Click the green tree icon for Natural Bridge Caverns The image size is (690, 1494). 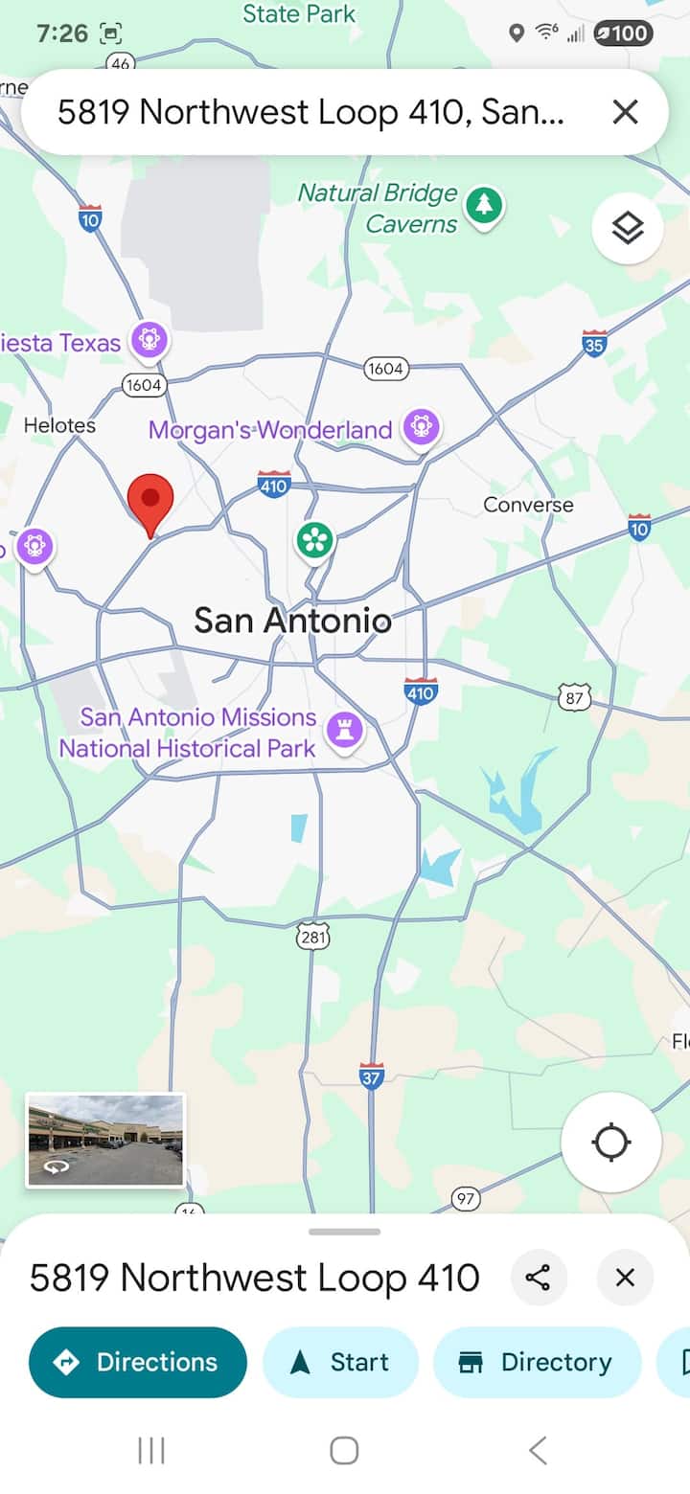(x=485, y=205)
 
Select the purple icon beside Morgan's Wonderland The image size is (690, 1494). (x=422, y=426)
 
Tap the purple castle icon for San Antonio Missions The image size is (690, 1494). (x=345, y=730)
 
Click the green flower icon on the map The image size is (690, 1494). (x=313, y=540)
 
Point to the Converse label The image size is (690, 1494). (x=528, y=505)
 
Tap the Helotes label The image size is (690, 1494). (x=59, y=424)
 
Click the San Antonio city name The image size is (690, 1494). (x=292, y=621)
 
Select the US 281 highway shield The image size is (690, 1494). (x=312, y=937)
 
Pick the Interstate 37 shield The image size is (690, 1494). (x=372, y=1075)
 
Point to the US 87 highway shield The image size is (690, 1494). (x=574, y=697)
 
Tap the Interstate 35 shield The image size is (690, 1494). (x=594, y=343)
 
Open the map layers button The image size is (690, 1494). (x=628, y=229)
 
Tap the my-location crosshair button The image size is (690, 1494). (x=611, y=1143)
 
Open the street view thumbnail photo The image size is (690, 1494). (x=105, y=1140)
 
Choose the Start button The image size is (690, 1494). (x=340, y=1362)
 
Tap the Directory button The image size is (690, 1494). (x=537, y=1362)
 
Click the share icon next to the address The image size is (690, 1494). (x=539, y=1278)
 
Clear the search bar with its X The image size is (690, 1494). (x=625, y=112)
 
